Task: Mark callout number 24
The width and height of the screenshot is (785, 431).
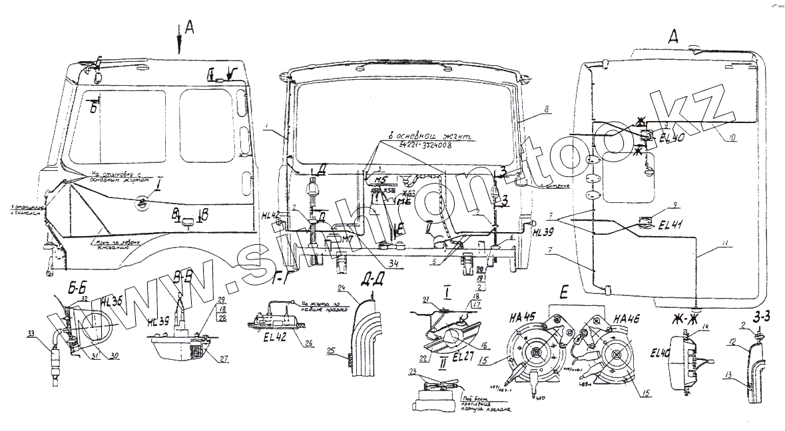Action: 358,288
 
